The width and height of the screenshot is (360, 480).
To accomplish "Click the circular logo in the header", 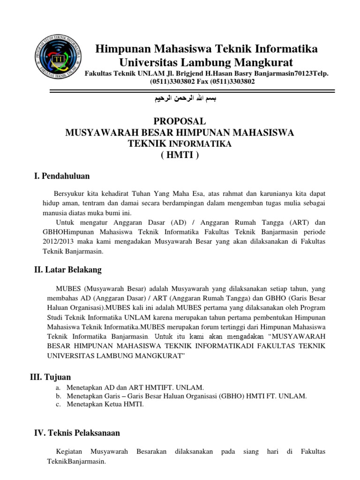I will point(59,59).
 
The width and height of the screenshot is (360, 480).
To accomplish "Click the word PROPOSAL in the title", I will point(180,121).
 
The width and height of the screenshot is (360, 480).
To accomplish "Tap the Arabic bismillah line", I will point(180,99).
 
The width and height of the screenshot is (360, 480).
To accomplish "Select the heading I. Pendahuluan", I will point(62,176).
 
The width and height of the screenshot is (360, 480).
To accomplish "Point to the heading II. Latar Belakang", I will point(67,270).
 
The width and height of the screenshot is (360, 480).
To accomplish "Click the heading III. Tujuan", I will point(51,376).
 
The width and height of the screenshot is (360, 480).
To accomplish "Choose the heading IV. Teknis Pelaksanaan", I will point(77,433).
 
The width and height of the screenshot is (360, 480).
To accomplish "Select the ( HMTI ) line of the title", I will point(180,155).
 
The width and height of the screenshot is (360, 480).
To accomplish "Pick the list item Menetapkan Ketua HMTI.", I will point(105,405).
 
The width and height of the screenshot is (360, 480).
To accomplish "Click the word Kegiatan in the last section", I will point(69,451).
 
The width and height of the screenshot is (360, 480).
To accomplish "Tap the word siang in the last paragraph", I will point(251,451).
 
